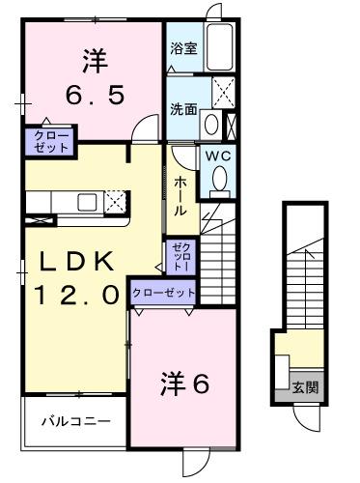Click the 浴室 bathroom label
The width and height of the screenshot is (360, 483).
pos(183,47)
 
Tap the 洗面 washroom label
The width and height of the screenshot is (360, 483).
pos(183,109)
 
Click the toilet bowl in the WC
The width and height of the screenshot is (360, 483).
pos(220,179)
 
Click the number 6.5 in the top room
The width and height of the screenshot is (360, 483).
pos(94,97)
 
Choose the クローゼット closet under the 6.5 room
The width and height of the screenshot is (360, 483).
pos(46,142)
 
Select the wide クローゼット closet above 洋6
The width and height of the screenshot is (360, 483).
pos(163,292)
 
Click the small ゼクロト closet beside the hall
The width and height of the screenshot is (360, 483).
pos(180,256)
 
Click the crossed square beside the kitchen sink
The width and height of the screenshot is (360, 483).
pos(115,202)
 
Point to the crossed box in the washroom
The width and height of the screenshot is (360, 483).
pos(224,95)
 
